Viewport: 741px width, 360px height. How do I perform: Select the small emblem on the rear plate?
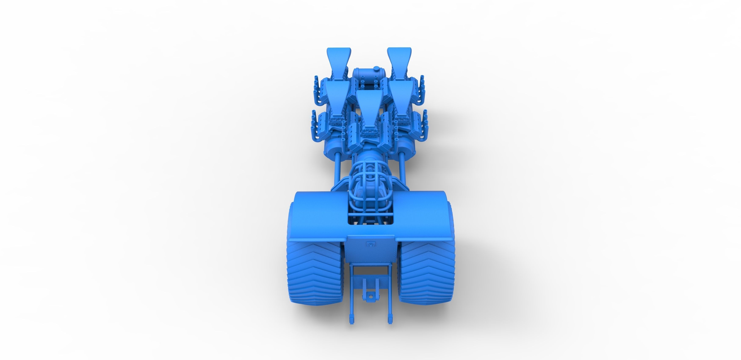(371, 245)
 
